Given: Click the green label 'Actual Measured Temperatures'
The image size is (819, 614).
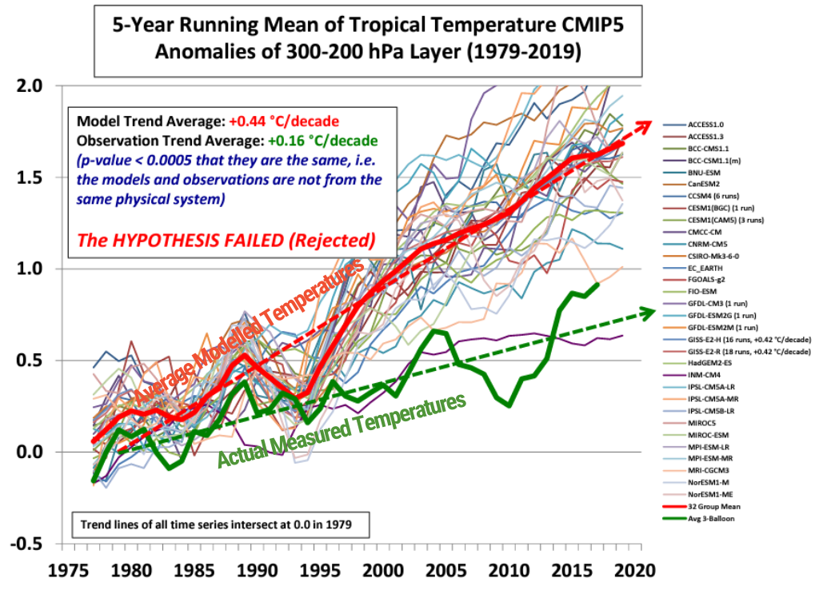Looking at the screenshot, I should pyautogui.click(x=342, y=429).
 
